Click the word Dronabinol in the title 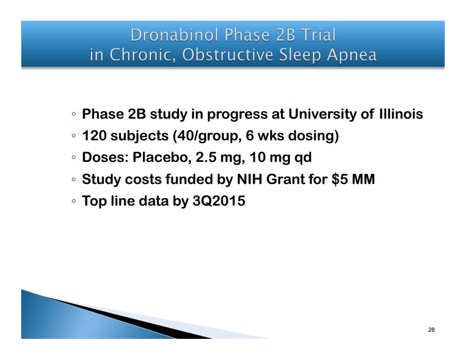click(x=175, y=35)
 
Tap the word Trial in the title click(x=318, y=35)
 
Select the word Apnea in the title click(x=352, y=55)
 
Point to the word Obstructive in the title click(x=228, y=55)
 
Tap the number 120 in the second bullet click(x=94, y=136)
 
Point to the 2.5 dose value click(x=206, y=157)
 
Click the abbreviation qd click(x=303, y=158)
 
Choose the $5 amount click(x=340, y=180)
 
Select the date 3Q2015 click(x=219, y=201)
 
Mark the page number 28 click(x=431, y=330)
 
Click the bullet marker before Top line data click(x=74, y=201)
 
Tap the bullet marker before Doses click(x=74, y=157)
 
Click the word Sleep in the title click(x=300, y=56)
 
